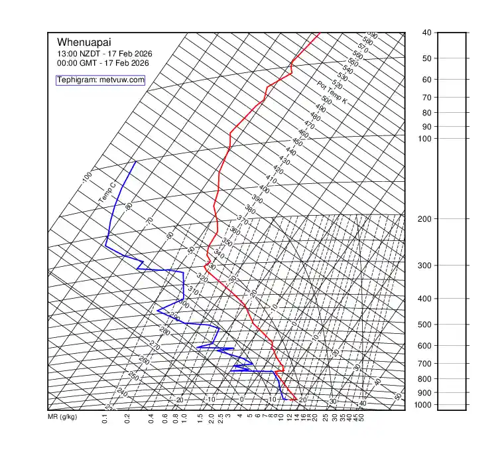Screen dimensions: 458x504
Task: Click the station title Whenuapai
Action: (x=80, y=42)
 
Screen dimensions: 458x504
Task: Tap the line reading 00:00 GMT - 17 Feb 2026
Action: (x=103, y=63)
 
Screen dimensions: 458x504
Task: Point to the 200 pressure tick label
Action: (x=426, y=219)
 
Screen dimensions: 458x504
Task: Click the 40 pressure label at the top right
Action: (x=426, y=33)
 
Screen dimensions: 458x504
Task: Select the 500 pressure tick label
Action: (x=426, y=325)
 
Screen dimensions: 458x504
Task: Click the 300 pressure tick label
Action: (x=426, y=266)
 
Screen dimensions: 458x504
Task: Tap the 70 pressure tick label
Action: (x=427, y=98)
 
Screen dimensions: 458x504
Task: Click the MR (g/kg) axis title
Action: (x=62, y=418)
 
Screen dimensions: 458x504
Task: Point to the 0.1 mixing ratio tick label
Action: (x=105, y=418)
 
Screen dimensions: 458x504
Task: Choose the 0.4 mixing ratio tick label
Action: (x=151, y=418)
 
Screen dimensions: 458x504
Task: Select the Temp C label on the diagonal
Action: (x=107, y=194)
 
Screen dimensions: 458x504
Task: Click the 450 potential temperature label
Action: (x=297, y=143)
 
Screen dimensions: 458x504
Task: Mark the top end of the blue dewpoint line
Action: (x=136, y=162)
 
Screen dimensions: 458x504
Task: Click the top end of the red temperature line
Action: (x=319, y=33)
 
